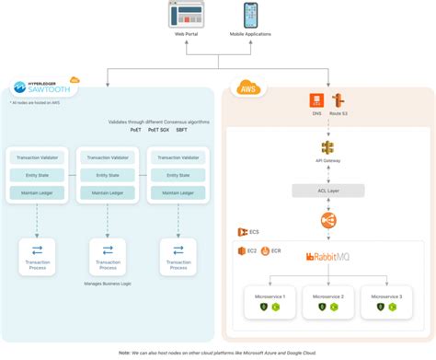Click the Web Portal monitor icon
(x=188, y=16)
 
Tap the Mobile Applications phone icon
(x=250, y=16)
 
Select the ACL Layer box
(x=327, y=190)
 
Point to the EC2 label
(x=248, y=251)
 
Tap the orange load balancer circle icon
(x=327, y=220)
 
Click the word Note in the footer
(x=125, y=352)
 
